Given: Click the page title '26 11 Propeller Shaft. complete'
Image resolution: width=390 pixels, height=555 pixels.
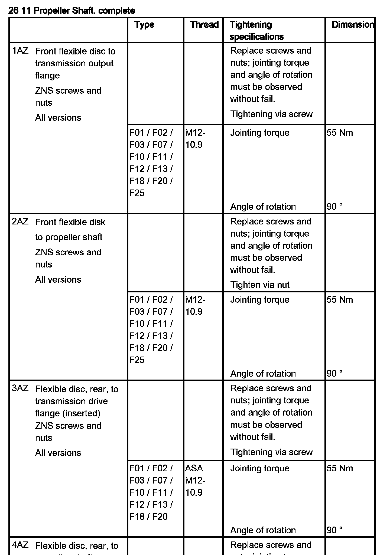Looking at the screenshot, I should [71, 11].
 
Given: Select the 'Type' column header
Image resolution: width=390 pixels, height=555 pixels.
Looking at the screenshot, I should [144, 25].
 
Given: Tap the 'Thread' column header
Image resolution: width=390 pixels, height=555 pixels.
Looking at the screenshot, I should [204, 25].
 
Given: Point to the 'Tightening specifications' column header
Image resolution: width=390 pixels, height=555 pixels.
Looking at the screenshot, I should [256, 30].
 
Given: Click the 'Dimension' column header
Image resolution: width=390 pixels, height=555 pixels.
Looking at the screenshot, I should [353, 25].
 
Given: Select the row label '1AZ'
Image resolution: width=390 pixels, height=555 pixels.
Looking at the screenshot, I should [20, 51].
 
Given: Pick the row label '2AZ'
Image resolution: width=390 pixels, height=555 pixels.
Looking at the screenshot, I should [20, 221].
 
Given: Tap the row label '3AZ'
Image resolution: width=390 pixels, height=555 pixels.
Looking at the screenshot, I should [20, 388].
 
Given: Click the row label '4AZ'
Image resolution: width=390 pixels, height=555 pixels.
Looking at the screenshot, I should [20, 545].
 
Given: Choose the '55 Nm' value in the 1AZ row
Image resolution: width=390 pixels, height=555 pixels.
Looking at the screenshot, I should [340, 133].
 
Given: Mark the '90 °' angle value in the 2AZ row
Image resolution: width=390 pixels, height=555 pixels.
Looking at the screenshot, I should [334, 374].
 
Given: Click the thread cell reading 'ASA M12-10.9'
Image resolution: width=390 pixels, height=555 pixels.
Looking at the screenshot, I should [195, 480].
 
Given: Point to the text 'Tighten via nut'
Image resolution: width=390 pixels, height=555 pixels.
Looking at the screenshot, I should [260, 285].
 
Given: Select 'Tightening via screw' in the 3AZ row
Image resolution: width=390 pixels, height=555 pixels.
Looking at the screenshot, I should [271, 452].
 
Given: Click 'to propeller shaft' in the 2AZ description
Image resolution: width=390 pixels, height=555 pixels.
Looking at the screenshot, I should [69, 237].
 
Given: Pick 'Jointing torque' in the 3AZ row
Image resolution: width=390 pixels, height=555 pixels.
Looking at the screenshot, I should [260, 468].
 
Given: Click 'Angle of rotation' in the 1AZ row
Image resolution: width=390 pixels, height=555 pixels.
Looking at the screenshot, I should [263, 207].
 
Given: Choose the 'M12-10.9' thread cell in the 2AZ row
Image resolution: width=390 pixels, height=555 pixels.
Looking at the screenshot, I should [195, 306].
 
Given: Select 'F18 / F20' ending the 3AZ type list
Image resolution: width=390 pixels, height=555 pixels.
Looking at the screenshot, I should [148, 517].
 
